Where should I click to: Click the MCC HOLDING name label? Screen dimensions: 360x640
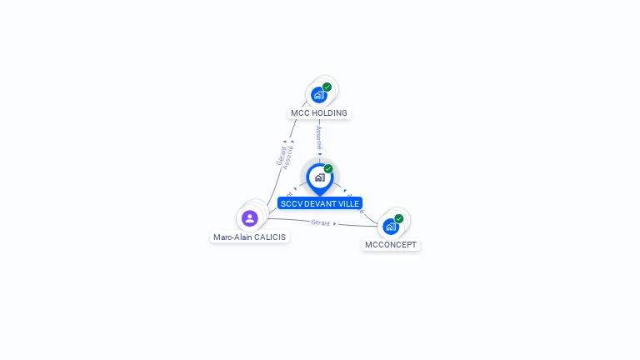pos(319,113)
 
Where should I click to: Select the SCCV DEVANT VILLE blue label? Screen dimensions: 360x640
pos(320,203)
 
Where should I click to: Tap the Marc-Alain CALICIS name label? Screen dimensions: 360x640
pos(249,237)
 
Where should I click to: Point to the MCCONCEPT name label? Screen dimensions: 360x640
pos(391,245)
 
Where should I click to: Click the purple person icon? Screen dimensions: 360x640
pos(249,218)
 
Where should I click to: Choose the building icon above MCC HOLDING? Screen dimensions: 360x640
pos(318,95)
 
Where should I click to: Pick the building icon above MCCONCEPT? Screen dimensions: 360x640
pos(390,227)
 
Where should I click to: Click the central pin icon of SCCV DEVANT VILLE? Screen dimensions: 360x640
pos(319,177)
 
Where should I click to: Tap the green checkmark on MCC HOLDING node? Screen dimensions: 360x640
pos(327,87)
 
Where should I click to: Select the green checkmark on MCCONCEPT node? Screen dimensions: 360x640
pos(399,218)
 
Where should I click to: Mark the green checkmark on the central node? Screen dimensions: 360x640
pos(328,168)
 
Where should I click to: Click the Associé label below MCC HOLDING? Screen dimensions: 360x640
pos(319,137)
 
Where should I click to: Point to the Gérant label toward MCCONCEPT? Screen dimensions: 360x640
pos(321,222)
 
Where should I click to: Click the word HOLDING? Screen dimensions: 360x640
pos(330,113)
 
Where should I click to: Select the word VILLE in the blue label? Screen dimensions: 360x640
pos(347,203)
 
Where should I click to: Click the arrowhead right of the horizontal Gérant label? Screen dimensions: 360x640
pos(335,223)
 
